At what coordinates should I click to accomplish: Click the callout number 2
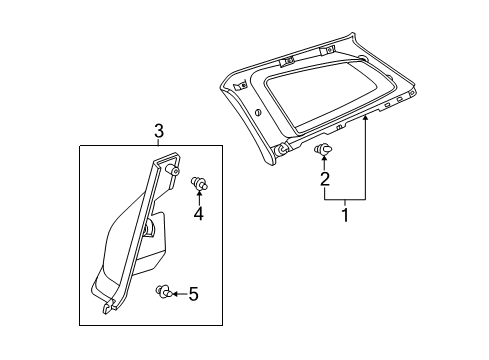coord(324,180)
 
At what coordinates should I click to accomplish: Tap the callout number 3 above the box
coord(158,130)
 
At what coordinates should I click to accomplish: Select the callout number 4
coord(199,214)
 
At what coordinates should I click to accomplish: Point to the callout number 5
coord(194,293)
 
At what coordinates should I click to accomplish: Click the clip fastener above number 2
coord(323,150)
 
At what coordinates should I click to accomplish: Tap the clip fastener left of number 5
coord(163,292)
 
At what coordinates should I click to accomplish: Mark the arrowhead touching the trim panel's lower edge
coord(367,117)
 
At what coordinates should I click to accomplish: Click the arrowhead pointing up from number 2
coord(323,161)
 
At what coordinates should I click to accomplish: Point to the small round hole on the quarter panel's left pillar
coord(259,112)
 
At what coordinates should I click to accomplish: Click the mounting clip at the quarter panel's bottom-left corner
coord(283,149)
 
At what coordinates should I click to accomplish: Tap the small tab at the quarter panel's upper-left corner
coord(237,88)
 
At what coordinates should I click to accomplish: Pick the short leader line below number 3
coord(158,141)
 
